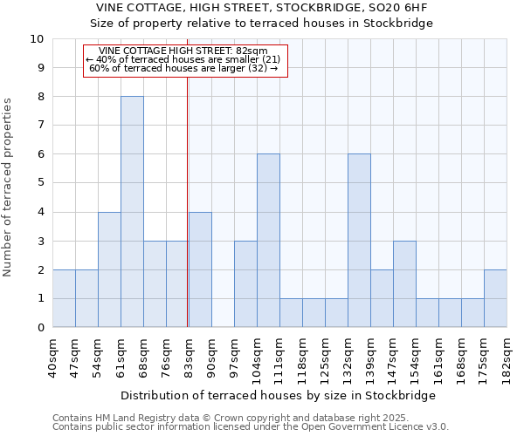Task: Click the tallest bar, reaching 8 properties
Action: click(132, 212)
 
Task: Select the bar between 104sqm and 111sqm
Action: click(268, 241)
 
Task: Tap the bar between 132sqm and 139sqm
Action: click(359, 241)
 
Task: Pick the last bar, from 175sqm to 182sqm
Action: click(495, 298)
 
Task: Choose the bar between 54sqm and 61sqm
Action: click(109, 269)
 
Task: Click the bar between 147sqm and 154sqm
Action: click(404, 284)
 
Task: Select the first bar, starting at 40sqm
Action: click(64, 298)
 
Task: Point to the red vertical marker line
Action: click(188, 218)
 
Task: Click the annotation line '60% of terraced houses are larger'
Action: click(183, 68)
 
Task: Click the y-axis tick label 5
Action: click(39, 183)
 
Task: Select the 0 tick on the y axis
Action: click(39, 328)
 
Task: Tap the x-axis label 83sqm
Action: click(190, 358)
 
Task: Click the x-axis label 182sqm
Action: click(507, 358)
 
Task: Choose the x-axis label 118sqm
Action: click(303, 358)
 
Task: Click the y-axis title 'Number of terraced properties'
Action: click(9, 187)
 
